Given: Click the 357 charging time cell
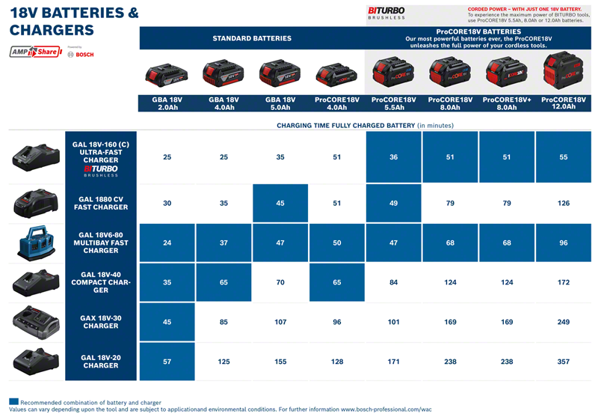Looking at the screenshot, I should point(564,362).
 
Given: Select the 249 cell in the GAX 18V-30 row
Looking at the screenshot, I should point(564,323).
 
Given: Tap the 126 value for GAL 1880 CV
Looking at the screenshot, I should point(564,203).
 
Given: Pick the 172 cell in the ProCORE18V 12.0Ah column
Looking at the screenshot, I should point(564,282).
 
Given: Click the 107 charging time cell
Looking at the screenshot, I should point(280,323).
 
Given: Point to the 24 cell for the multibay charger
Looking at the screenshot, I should point(167,242).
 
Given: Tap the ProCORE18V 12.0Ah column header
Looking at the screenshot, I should point(564,103).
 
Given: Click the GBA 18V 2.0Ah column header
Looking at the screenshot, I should point(167,103).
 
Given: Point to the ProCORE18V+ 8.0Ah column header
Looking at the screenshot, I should point(508,103).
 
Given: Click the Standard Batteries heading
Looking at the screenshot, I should point(252,38).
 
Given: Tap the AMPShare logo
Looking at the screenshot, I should point(34,52).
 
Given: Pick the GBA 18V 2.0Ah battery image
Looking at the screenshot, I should point(167,74).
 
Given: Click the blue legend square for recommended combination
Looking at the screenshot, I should point(13,401).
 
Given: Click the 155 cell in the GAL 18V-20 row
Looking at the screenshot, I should point(280,362).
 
